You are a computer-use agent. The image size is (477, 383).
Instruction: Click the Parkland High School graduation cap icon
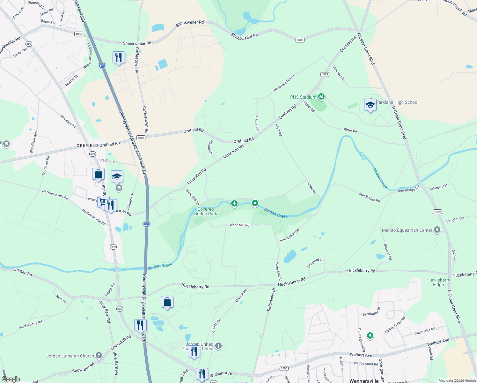(370, 105)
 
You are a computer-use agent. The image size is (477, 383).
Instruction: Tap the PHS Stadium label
(303, 97)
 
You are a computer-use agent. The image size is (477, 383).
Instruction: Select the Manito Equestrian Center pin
(437, 230)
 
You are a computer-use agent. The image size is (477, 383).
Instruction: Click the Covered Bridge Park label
(206, 211)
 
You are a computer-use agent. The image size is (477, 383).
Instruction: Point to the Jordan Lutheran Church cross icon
(99, 356)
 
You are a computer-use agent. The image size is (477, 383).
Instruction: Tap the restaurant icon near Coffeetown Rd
(119, 57)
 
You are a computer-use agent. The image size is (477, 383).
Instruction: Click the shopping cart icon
(102, 202)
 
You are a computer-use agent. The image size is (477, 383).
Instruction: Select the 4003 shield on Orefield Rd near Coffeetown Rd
(141, 138)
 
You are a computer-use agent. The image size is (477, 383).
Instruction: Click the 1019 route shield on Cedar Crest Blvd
(437, 212)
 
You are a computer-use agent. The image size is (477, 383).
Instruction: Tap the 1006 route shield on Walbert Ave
(284, 368)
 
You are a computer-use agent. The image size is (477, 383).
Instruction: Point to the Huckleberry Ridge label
(438, 282)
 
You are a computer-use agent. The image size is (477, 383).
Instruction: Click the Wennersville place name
(364, 381)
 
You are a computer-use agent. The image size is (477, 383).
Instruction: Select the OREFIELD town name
(87, 146)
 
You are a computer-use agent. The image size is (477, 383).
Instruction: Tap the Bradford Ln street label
(315, 263)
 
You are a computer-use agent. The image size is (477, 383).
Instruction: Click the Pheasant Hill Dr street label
(284, 84)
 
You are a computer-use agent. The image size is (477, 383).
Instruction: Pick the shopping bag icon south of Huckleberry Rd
(167, 302)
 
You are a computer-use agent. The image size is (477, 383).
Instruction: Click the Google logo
(11, 379)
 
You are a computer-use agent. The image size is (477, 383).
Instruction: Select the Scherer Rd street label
(388, 252)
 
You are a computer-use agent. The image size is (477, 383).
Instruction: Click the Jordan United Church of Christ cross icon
(218, 346)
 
